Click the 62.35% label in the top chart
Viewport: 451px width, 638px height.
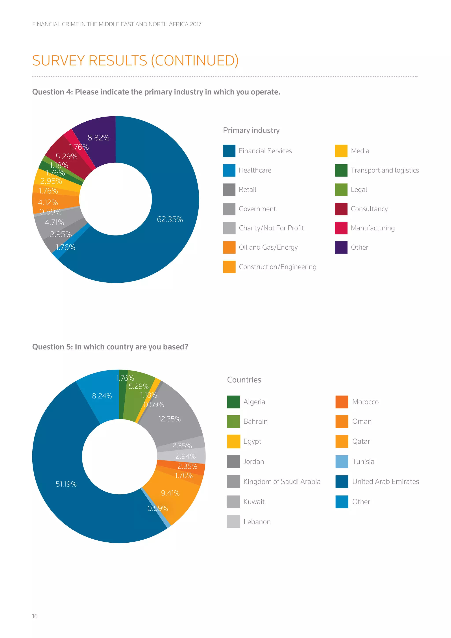coord(170,219)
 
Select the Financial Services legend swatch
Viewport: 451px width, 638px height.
coord(229,151)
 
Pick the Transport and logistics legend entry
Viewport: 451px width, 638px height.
coord(385,170)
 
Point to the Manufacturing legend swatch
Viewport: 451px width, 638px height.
coord(341,228)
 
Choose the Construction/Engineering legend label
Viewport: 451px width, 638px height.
coord(277,267)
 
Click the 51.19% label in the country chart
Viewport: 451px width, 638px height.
coord(66,484)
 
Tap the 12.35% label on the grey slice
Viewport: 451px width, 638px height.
coord(169,419)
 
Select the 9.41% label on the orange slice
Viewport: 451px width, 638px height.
coord(170,493)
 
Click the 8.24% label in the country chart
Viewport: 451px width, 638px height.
coord(102,396)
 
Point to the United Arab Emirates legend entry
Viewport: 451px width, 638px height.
coord(385,482)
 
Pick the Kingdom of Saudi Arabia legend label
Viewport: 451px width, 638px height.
coord(282,482)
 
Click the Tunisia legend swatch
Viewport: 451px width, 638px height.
coord(342,462)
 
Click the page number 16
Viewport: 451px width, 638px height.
coord(35,616)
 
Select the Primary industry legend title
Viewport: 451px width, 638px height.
coord(251,130)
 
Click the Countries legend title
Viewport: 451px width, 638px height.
coord(244,380)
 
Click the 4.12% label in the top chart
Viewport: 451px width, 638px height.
coord(48,203)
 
